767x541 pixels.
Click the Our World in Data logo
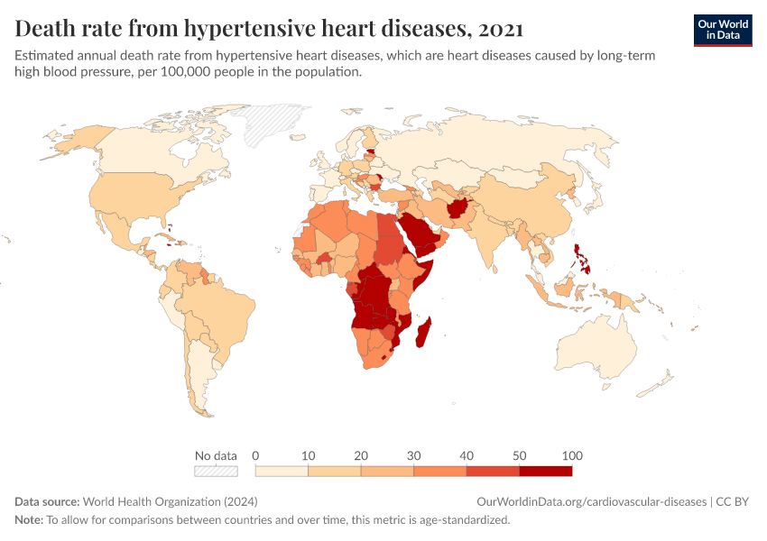(x=722, y=30)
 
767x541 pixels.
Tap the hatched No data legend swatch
(x=216, y=471)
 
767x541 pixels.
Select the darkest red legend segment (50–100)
(x=545, y=471)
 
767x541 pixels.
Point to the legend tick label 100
(x=571, y=455)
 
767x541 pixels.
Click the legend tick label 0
(x=256, y=455)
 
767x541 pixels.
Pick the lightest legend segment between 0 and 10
(x=282, y=471)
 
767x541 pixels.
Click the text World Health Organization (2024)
(x=170, y=502)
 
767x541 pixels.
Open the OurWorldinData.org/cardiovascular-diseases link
(x=591, y=502)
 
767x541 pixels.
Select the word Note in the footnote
(x=29, y=520)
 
